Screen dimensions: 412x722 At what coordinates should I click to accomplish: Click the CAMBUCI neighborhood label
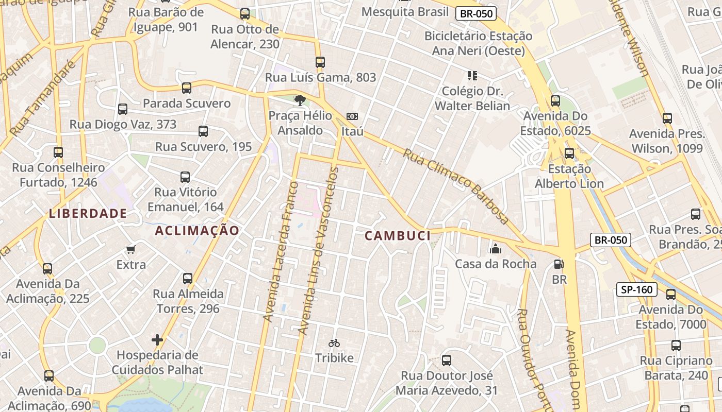click(397, 236)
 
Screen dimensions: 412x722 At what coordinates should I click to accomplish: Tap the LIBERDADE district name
click(88, 213)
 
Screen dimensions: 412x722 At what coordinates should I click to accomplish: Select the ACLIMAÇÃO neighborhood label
click(197, 231)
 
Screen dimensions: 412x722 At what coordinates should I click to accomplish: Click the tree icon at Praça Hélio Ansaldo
click(300, 100)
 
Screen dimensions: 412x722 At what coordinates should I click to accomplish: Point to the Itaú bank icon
click(352, 116)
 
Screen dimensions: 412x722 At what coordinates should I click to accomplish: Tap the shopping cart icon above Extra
click(131, 250)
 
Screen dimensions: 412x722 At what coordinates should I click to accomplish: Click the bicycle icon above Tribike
click(334, 343)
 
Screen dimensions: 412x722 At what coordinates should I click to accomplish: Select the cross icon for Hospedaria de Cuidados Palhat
click(157, 340)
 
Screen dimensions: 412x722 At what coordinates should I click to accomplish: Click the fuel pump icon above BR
click(559, 265)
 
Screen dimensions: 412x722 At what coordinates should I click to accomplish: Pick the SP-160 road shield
click(637, 289)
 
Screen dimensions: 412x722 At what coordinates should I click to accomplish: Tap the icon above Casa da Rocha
click(496, 249)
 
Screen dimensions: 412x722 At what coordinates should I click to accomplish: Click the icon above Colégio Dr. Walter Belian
click(472, 76)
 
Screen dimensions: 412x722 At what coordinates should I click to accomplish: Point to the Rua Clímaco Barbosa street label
click(456, 186)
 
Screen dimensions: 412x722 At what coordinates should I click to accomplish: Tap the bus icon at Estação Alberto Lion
click(569, 153)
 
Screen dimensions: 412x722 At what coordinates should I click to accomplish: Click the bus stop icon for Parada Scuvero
click(187, 88)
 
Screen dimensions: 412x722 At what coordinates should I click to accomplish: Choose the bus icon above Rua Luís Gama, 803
click(320, 62)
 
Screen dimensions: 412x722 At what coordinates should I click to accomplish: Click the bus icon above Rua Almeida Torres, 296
click(188, 279)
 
